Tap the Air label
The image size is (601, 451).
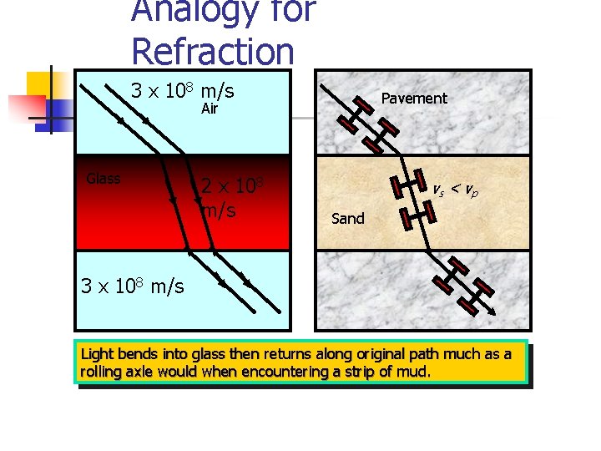[x=209, y=109]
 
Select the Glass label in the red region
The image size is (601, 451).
[x=104, y=178]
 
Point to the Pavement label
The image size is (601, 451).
[x=414, y=98]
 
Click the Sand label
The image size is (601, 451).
[x=348, y=219]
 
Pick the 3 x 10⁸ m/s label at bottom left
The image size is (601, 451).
[x=132, y=286]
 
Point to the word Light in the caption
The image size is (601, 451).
[x=96, y=354]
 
